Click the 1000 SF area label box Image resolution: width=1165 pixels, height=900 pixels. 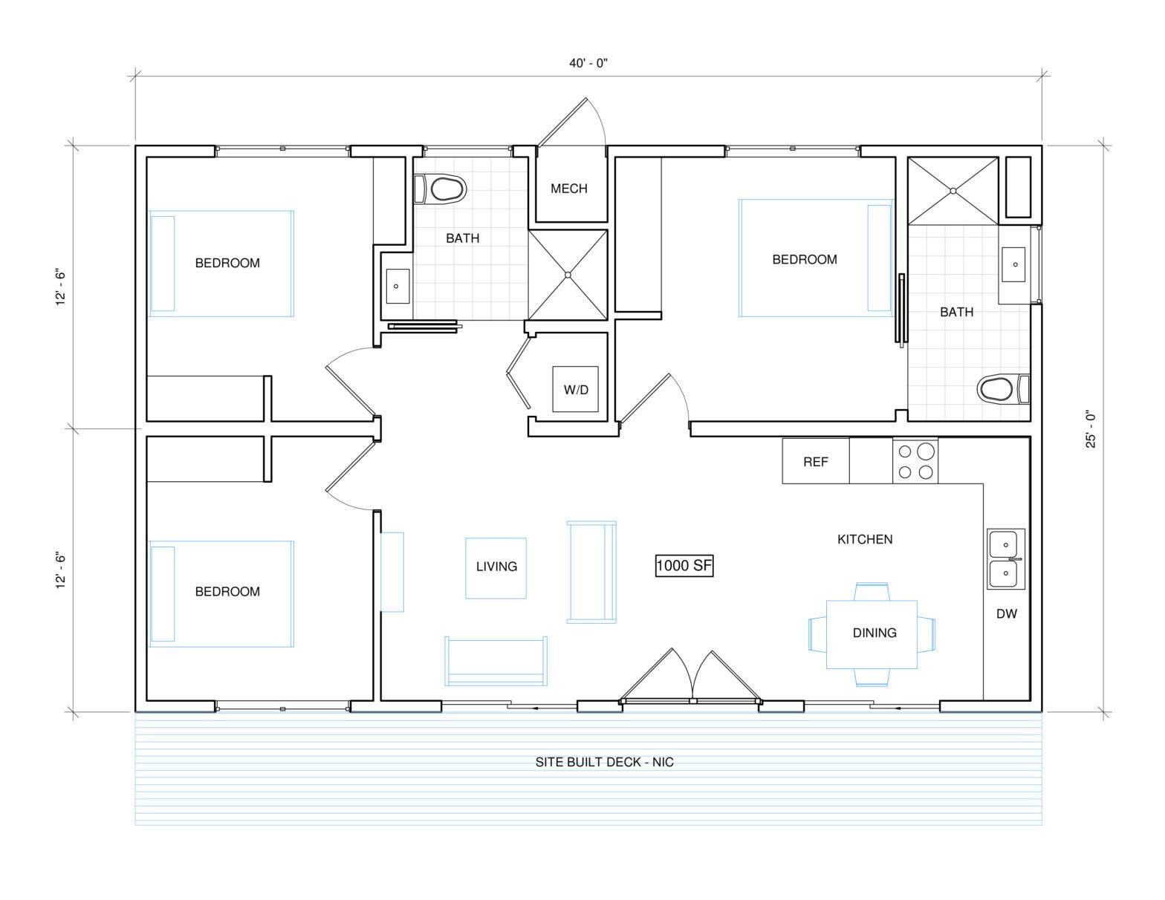[x=684, y=565]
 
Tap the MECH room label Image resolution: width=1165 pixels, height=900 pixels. [x=569, y=189]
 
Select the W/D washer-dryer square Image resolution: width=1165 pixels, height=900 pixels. [x=575, y=389]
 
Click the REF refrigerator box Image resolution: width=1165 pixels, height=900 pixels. [x=816, y=461]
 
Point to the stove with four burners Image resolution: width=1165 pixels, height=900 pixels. [x=915, y=461]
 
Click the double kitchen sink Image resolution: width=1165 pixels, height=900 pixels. [x=1006, y=558]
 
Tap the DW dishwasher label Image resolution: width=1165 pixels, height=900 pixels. [x=1006, y=614]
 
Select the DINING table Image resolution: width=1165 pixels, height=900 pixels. [x=872, y=634]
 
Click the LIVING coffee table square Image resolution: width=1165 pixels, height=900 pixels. [x=496, y=568]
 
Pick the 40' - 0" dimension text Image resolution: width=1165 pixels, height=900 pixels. [x=588, y=63]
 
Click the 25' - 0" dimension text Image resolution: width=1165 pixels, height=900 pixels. [x=1091, y=429]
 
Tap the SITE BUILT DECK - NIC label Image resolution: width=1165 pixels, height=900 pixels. [x=604, y=762]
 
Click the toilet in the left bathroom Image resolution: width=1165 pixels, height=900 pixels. [x=440, y=189]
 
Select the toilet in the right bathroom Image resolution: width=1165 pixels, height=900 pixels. [x=1003, y=389]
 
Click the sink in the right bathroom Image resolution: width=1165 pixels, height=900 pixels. [x=1014, y=264]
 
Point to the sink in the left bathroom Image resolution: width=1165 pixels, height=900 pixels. [x=397, y=286]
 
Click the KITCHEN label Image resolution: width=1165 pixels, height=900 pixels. [x=865, y=539]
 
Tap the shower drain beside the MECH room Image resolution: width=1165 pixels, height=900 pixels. [x=568, y=275]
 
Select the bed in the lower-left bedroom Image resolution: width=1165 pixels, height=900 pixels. [x=221, y=593]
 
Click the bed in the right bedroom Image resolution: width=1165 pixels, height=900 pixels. [x=816, y=258]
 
